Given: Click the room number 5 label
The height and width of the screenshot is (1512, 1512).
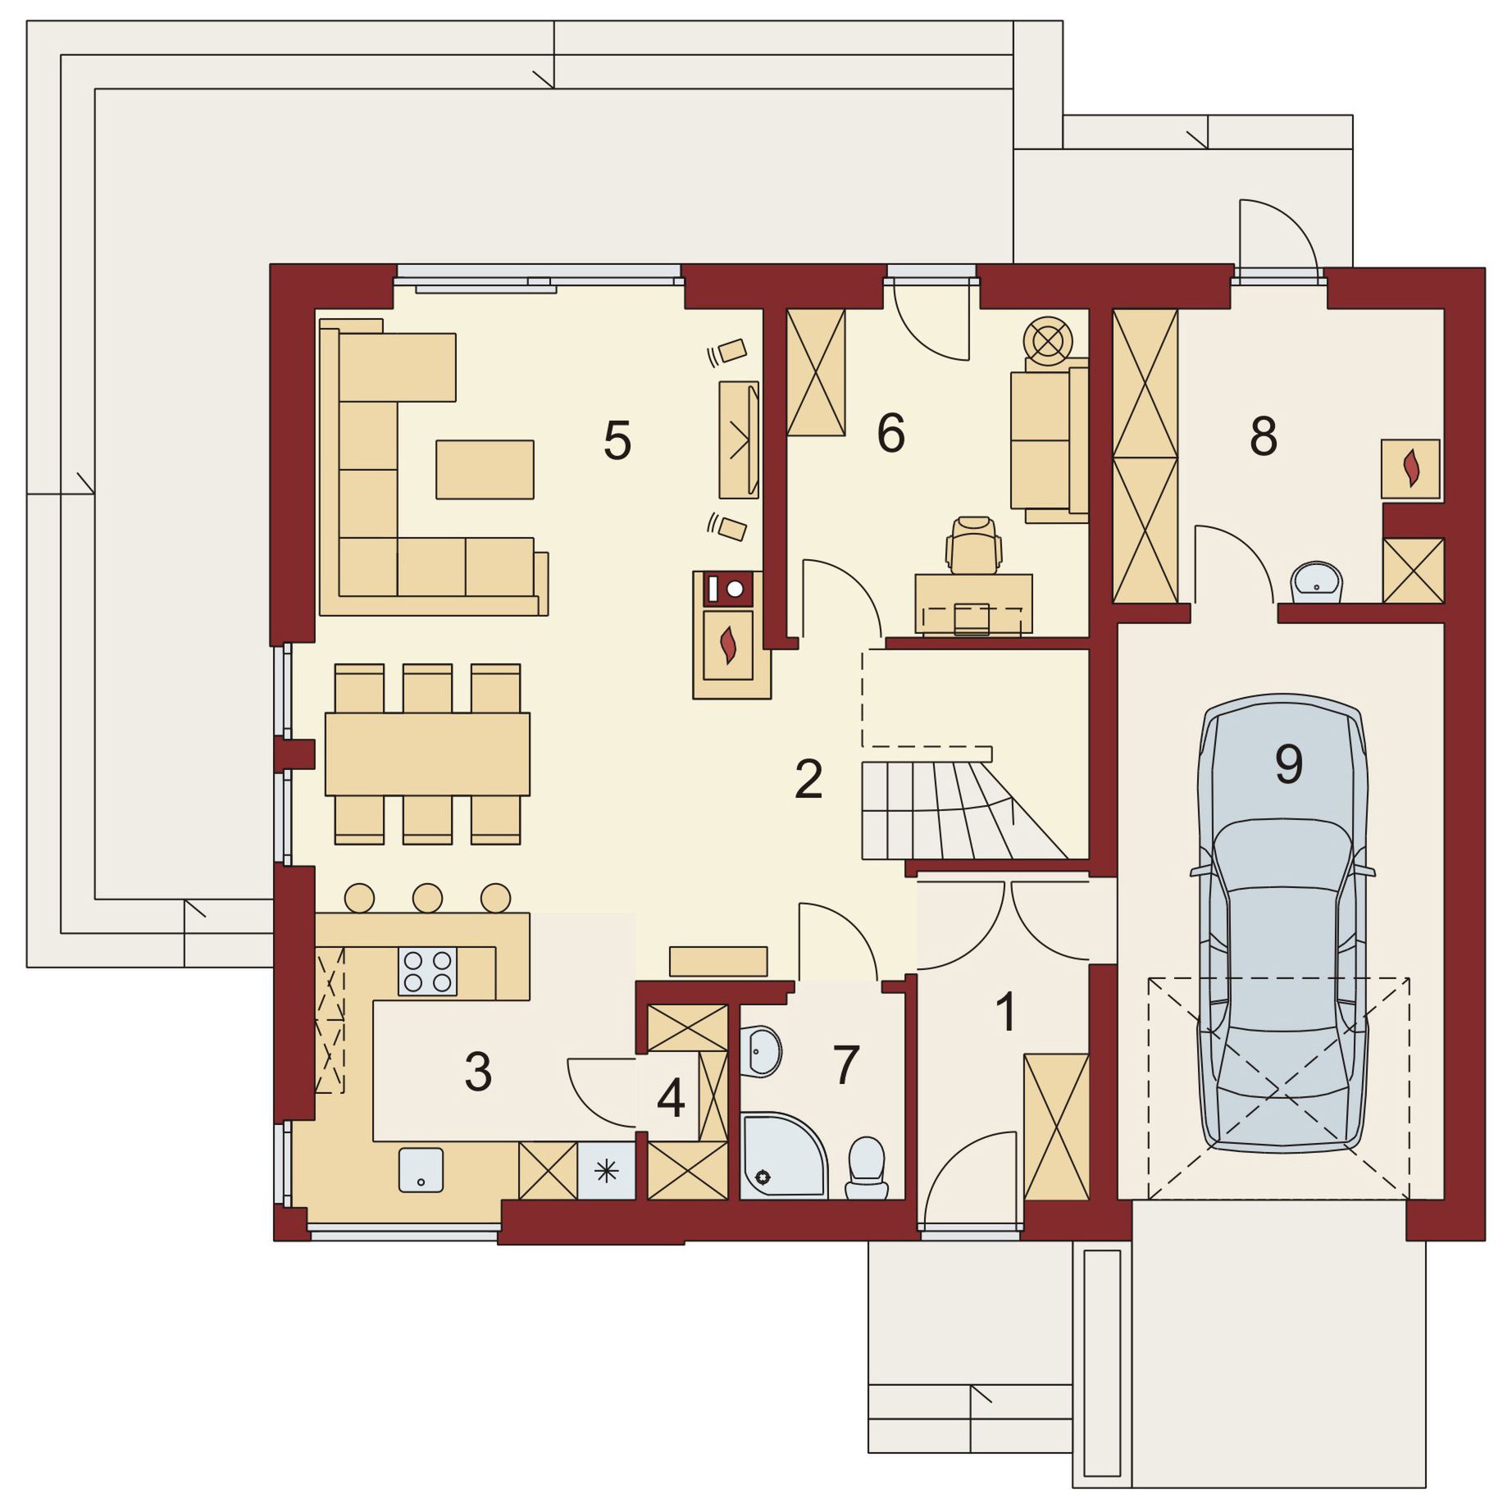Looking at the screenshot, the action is [617, 440].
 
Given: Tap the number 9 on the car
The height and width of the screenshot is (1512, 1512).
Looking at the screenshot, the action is [1289, 763].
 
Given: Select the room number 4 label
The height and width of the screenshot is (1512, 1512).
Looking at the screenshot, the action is [671, 1099].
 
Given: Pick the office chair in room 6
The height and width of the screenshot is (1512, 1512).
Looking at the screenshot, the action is [973, 544].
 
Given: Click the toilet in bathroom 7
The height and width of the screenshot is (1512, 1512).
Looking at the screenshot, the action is [866, 1168].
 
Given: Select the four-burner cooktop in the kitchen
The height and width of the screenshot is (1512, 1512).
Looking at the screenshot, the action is [427, 971].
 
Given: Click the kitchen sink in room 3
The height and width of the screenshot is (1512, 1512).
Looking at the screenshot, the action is [421, 1170].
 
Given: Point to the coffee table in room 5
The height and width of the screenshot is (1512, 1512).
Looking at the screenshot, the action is [485, 469].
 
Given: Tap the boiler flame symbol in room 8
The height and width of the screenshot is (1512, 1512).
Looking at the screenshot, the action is [1412, 467].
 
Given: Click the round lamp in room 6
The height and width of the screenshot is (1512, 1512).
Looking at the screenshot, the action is [1048, 341].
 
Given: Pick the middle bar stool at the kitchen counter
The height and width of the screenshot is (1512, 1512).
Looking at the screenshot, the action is [427, 898].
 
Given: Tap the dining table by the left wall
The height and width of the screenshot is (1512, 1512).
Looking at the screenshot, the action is [427, 754].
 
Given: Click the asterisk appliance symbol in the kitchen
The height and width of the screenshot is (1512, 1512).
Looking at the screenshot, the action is [606, 1171].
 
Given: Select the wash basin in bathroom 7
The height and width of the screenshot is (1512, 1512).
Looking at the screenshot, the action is [761, 1051].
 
